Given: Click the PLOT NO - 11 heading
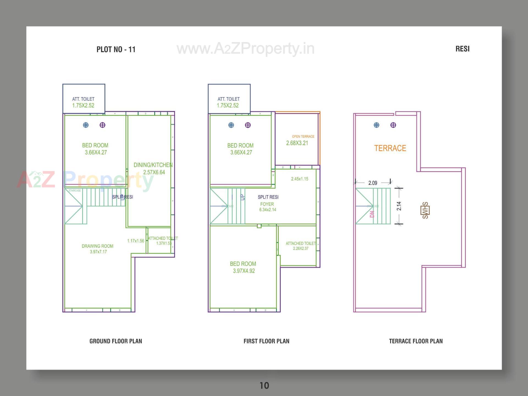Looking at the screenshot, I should pyautogui.click(x=116, y=50).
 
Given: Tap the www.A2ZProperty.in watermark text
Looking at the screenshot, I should pyautogui.click(x=245, y=49).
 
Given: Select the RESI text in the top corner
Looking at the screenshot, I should pyautogui.click(x=462, y=49).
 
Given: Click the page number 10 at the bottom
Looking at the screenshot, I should pyautogui.click(x=264, y=386).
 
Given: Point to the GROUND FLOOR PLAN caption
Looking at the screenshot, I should pyautogui.click(x=116, y=341).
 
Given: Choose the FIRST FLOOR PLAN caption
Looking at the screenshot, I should pyautogui.click(x=266, y=341).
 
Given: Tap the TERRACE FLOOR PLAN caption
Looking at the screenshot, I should pyautogui.click(x=416, y=341).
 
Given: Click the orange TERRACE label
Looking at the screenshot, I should pyautogui.click(x=390, y=148).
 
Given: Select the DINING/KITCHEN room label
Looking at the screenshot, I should pyautogui.click(x=153, y=168).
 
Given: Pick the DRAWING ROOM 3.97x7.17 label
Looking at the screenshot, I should pyautogui.click(x=98, y=249).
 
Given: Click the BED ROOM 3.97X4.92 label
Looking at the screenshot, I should pyautogui.click(x=243, y=267).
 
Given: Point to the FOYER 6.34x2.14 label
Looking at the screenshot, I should pyautogui.click(x=267, y=207).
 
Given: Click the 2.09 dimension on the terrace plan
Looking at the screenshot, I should pyautogui.click(x=373, y=183).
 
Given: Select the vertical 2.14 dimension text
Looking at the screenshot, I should pyautogui.click(x=399, y=206).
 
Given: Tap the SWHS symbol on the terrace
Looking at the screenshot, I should pyautogui.click(x=425, y=210).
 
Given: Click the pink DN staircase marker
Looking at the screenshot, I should pyautogui.click(x=372, y=214).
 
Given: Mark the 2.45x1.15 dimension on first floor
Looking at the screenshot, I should pyautogui.click(x=299, y=179).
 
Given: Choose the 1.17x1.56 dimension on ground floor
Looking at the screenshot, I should pyautogui.click(x=136, y=241).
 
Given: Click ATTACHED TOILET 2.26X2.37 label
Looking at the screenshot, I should pyautogui.click(x=301, y=246).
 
